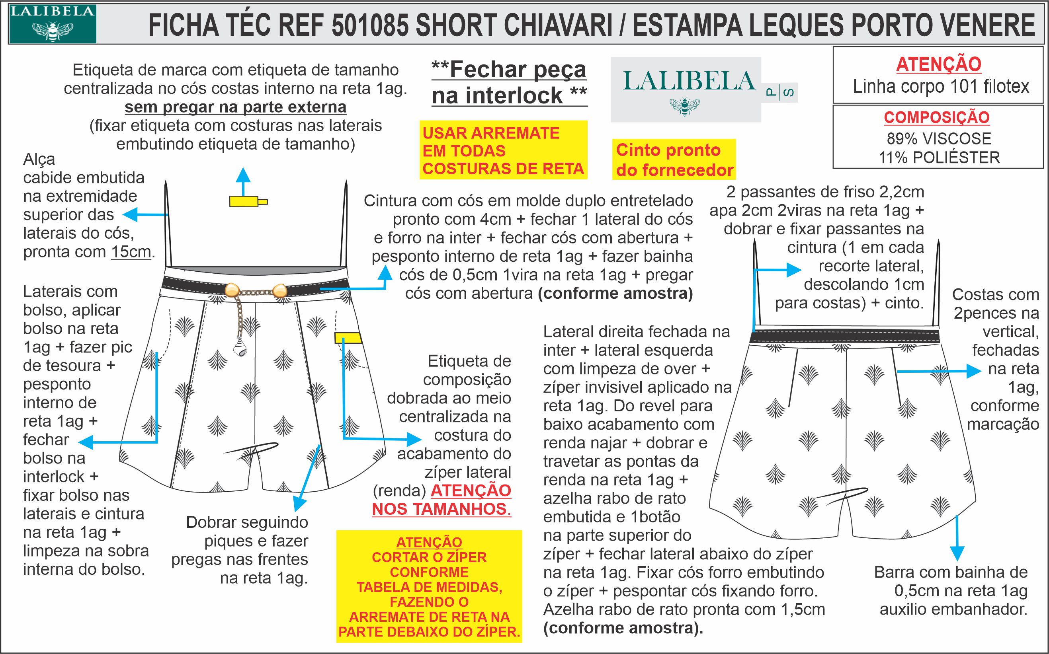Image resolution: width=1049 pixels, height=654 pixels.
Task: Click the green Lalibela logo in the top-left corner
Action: click(53, 24)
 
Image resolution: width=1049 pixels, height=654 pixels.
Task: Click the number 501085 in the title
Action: click(370, 25)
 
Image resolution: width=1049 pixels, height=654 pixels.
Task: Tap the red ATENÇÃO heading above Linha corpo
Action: click(938, 64)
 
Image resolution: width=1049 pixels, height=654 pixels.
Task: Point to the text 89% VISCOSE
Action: click(939, 138)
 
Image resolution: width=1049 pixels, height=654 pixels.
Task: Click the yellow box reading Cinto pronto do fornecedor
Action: click(674, 159)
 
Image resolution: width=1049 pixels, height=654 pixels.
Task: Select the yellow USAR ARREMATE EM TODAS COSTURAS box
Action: click(503, 150)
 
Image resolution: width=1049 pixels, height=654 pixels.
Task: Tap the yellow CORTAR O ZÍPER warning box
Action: click(429, 586)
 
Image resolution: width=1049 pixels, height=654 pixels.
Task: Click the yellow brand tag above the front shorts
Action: click(248, 201)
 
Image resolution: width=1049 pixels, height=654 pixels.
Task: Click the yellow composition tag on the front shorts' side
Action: click(348, 337)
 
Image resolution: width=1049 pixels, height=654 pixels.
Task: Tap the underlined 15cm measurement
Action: click(131, 252)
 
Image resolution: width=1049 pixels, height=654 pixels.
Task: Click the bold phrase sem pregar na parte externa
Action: click(235, 107)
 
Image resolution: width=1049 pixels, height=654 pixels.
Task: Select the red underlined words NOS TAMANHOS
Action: click(441, 509)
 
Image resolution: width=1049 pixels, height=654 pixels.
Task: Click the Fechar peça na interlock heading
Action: click(509, 82)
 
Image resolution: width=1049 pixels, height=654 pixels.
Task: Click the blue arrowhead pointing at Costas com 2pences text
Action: click(974, 371)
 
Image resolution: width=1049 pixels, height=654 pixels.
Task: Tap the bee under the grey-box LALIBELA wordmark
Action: click(685, 105)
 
